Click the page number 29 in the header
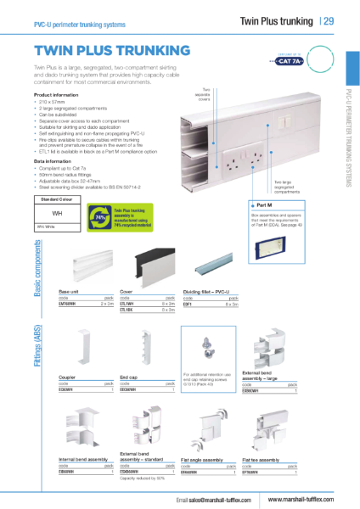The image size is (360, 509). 328,20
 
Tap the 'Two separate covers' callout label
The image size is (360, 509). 205,93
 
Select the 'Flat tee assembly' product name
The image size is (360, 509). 260,459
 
